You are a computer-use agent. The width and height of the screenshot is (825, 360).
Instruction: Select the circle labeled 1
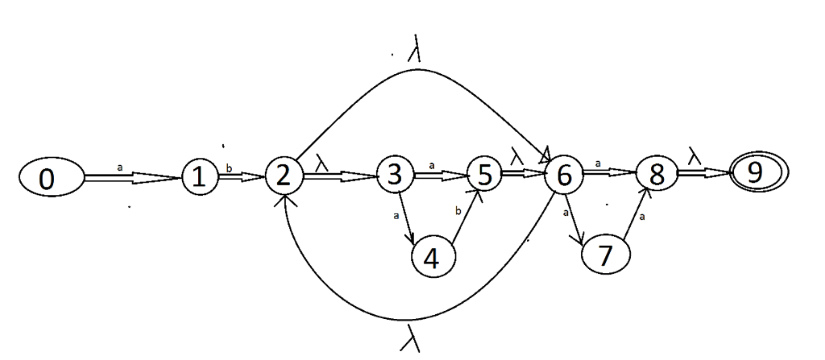pyautogui.click(x=199, y=177)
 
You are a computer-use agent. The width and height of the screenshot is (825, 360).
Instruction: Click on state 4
pyautogui.click(x=433, y=259)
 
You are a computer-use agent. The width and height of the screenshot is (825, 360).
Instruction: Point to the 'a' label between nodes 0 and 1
pyautogui.click(x=121, y=168)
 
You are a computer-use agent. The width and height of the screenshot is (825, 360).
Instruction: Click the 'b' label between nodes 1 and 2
pyautogui.click(x=229, y=168)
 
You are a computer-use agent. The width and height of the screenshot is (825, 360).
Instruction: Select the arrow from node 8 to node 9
pyautogui.click(x=703, y=172)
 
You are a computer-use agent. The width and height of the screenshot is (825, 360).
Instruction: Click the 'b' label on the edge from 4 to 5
pyautogui.click(x=458, y=212)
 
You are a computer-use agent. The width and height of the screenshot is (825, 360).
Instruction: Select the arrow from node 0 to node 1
pyautogui.click(x=132, y=178)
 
